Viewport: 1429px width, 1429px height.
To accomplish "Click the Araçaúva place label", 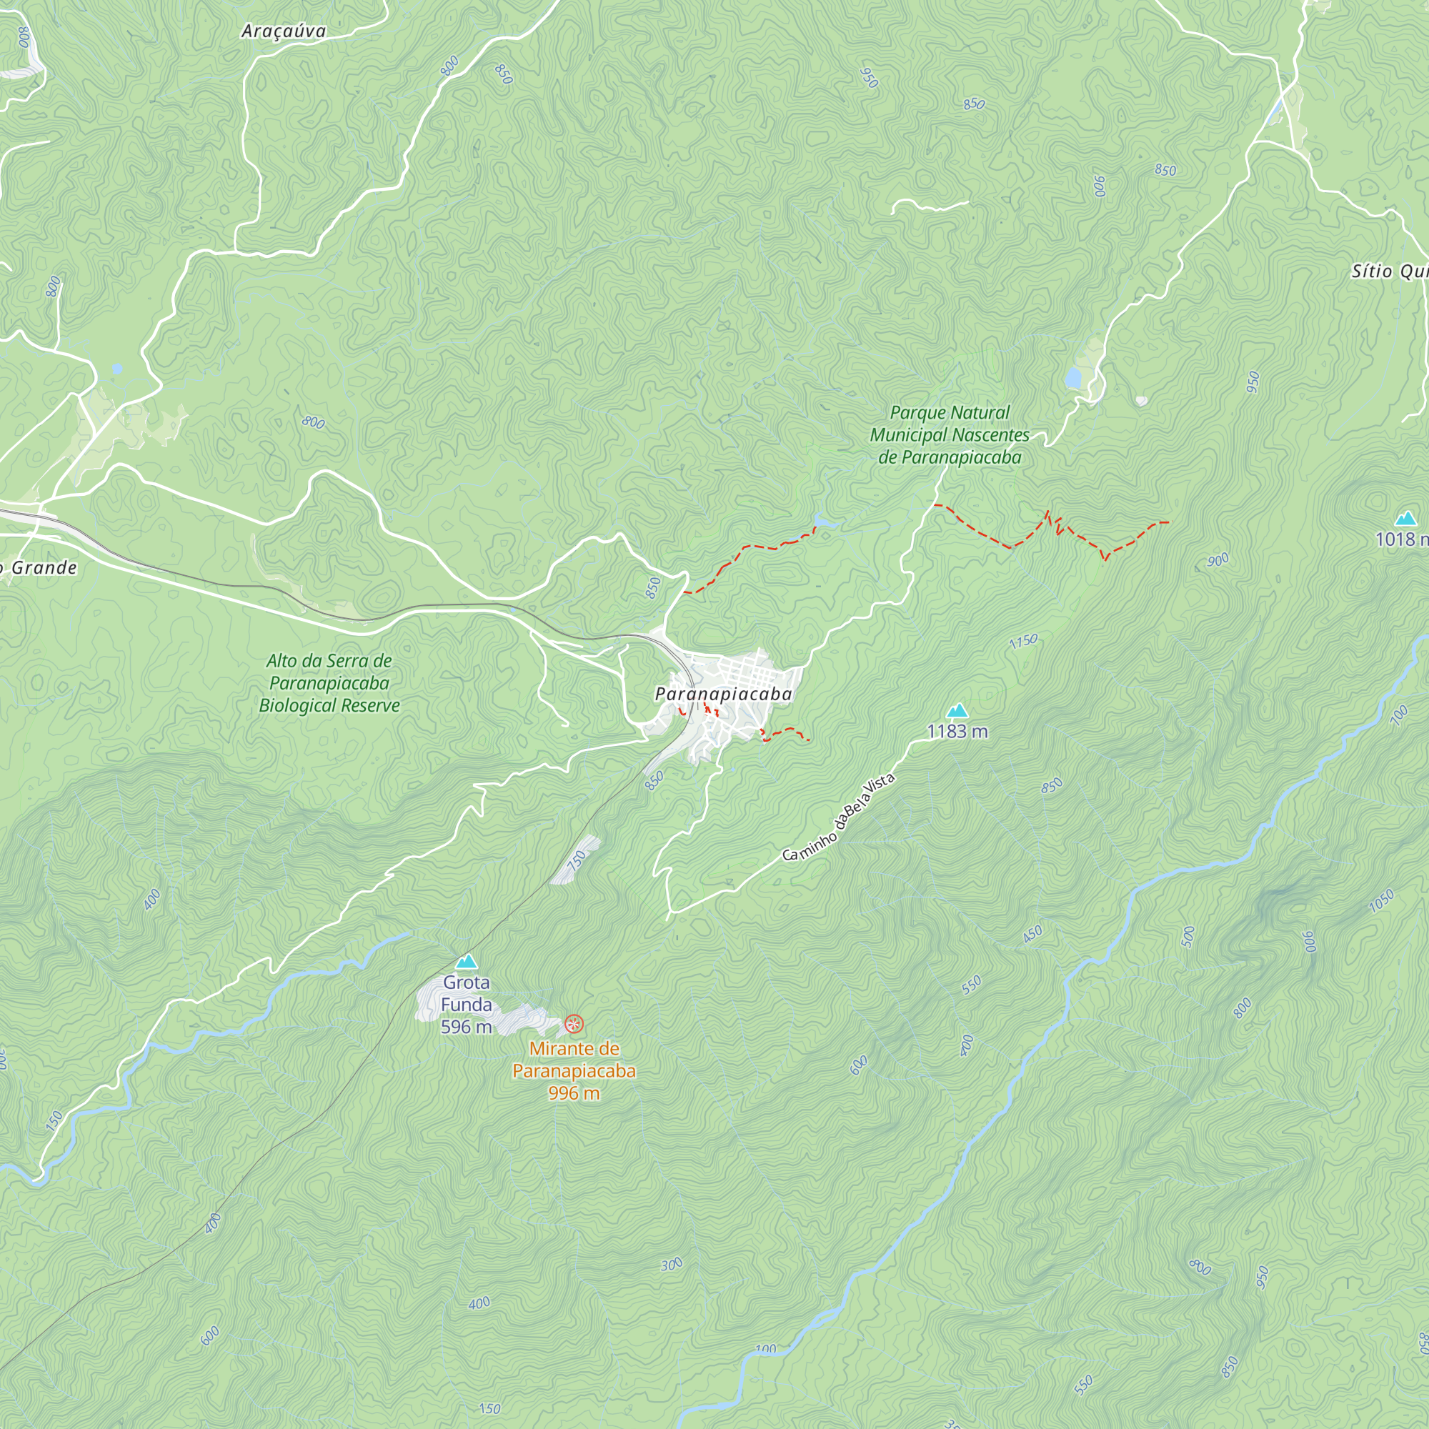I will click(283, 31).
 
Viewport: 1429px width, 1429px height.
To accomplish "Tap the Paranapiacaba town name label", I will click(723, 694).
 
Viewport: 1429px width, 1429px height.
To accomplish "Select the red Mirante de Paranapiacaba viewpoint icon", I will click(574, 1024).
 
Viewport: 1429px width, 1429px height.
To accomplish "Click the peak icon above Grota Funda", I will click(466, 962).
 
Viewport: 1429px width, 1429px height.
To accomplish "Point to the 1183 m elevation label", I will click(957, 732).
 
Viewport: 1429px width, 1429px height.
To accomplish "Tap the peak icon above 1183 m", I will click(957, 711).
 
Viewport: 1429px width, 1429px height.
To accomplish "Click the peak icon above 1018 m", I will click(1405, 519).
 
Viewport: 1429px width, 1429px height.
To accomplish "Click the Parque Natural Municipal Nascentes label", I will click(950, 435).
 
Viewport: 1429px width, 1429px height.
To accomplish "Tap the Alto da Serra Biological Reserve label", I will click(329, 682).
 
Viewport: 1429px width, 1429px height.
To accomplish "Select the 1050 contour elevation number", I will click(1381, 901).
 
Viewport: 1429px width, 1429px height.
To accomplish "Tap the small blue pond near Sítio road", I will click(1072, 379).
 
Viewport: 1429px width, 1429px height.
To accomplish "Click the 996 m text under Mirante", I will click(574, 1093).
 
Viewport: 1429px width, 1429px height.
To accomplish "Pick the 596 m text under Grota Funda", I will click(466, 1027).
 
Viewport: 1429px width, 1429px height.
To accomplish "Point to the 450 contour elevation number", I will click(1032, 934).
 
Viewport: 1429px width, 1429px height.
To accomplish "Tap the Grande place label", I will click(43, 567).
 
